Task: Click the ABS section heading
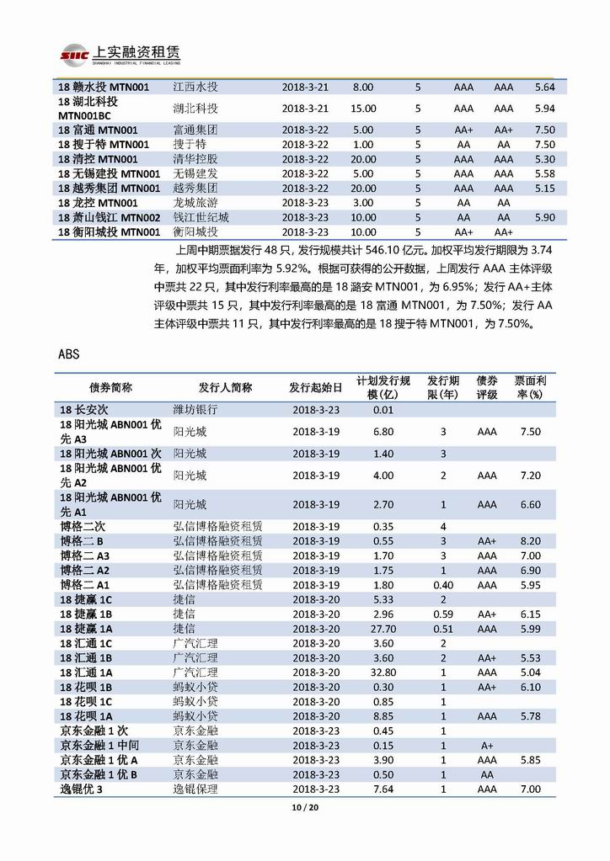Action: pos(70,354)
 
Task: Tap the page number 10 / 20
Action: pos(304,809)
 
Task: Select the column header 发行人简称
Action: pos(225,387)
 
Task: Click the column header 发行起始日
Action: pos(315,387)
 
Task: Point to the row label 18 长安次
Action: pos(85,410)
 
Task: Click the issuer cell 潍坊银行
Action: pos(195,410)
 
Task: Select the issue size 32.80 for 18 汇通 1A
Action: pos(383,672)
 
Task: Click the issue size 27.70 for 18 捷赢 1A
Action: pos(383,628)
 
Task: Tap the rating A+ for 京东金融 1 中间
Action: pos(487,745)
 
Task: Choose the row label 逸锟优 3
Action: pos(82,789)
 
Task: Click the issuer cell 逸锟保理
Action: pos(195,789)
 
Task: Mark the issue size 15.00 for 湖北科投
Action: pos(363,109)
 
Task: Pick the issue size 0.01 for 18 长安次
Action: pos(383,410)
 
